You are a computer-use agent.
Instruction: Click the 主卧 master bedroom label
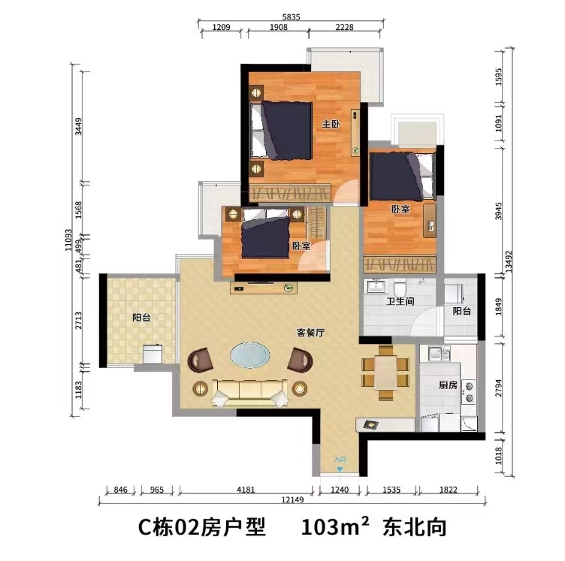(x=331, y=124)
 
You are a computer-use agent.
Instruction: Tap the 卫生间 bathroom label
(x=400, y=301)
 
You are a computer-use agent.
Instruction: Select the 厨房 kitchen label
(x=448, y=385)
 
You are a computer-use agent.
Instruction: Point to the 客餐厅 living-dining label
(x=310, y=333)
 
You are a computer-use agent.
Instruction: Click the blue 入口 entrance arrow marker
(x=340, y=469)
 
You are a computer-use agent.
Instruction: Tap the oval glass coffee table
(x=250, y=355)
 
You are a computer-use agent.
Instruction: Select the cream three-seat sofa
(x=250, y=393)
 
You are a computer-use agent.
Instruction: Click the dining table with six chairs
(x=385, y=372)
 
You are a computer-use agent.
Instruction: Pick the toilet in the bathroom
(x=400, y=288)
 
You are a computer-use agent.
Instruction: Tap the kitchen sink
(x=439, y=353)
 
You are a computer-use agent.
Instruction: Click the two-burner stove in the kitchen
(x=469, y=392)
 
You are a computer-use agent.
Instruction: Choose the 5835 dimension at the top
(x=292, y=17)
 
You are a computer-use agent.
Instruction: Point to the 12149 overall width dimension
(x=292, y=499)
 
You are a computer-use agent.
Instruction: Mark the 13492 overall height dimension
(x=508, y=262)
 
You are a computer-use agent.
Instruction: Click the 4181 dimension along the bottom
(x=246, y=490)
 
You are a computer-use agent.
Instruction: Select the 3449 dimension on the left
(x=78, y=127)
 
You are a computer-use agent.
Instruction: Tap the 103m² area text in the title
(x=335, y=527)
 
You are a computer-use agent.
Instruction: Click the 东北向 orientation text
(x=415, y=527)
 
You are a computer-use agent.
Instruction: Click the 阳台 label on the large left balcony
(x=141, y=318)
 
